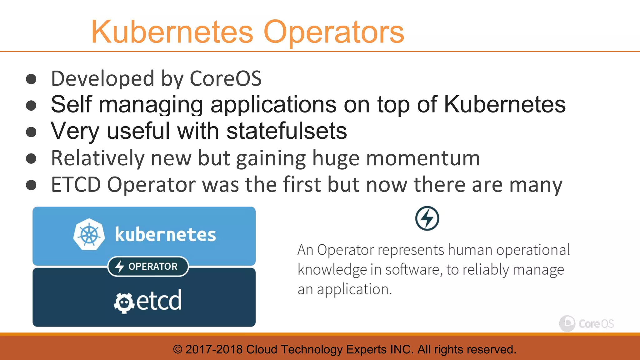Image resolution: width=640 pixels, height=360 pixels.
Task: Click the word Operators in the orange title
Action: (x=334, y=32)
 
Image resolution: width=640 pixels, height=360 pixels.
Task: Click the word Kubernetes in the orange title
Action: (x=172, y=32)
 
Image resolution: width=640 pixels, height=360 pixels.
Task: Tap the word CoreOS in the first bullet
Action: (x=226, y=78)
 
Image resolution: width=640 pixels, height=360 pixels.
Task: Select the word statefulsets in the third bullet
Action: (x=287, y=131)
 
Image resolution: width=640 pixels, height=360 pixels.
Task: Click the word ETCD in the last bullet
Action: (x=76, y=185)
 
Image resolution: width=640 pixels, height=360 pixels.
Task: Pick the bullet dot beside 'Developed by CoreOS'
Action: (x=31, y=79)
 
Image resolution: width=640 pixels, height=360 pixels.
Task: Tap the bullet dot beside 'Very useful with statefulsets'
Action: (x=31, y=132)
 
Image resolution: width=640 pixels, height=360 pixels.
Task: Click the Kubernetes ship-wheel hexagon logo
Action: (x=89, y=234)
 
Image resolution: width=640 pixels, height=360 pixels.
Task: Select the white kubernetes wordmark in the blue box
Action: (x=165, y=235)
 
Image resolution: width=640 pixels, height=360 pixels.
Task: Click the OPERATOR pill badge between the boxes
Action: (x=148, y=266)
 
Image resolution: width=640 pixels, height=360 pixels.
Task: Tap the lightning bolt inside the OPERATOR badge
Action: (x=120, y=267)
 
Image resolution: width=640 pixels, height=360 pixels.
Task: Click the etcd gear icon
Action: (x=124, y=302)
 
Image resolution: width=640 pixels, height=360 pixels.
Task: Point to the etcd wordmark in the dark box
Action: (x=159, y=300)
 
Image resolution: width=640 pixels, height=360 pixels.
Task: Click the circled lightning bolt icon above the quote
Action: (x=427, y=218)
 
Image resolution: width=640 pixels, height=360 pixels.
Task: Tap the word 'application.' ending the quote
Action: (x=354, y=289)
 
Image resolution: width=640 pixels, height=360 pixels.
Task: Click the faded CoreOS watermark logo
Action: (x=586, y=323)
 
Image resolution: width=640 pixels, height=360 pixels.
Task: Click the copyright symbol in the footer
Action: (x=177, y=349)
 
